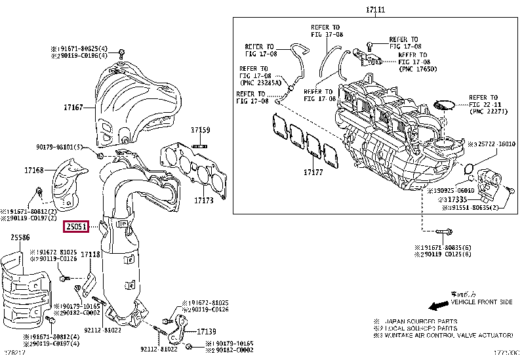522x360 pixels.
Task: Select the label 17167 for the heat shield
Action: (x=73, y=106)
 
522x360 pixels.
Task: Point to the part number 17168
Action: (x=34, y=170)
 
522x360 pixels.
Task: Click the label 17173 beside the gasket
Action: (x=205, y=199)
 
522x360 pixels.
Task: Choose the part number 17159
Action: (x=201, y=130)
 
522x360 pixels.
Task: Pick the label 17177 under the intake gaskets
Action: (x=313, y=172)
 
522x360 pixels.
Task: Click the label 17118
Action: (x=90, y=254)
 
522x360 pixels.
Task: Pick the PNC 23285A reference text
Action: (x=262, y=83)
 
